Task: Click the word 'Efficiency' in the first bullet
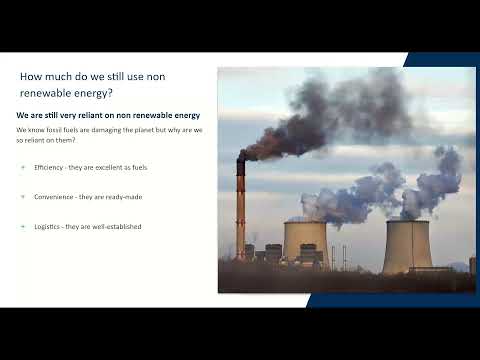point(47,167)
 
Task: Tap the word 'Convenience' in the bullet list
point(53,197)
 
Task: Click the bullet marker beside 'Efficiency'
point(23,167)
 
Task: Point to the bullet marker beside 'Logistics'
point(23,227)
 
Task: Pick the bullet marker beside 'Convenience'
point(23,197)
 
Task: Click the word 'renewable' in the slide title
point(50,93)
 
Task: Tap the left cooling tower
point(304,240)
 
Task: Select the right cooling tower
point(407,245)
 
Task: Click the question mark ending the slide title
point(111,93)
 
